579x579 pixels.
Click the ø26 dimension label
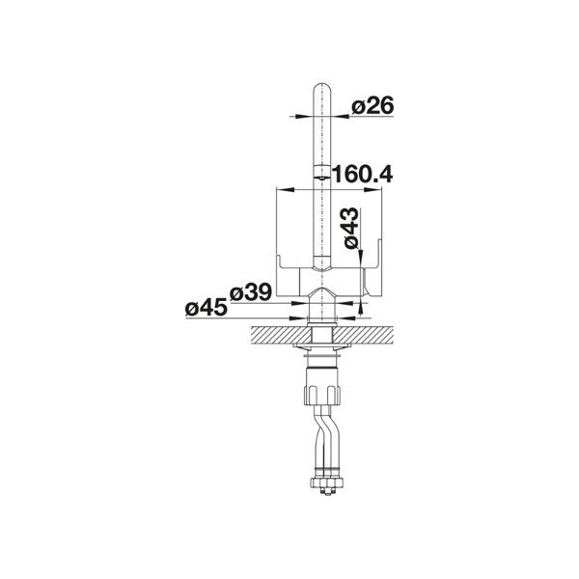(372, 105)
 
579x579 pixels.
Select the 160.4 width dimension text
(362, 174)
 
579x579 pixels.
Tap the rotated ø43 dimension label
(350, 228)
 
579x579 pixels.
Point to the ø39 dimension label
(251, 292)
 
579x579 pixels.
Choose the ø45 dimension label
(207, 307)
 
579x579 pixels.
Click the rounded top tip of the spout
(322, 84)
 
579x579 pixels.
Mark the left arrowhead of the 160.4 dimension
(285, 190)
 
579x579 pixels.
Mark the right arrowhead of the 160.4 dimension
(372, 190)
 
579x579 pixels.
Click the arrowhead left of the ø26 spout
(305, 117)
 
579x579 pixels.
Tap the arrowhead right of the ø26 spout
(340, 117)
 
